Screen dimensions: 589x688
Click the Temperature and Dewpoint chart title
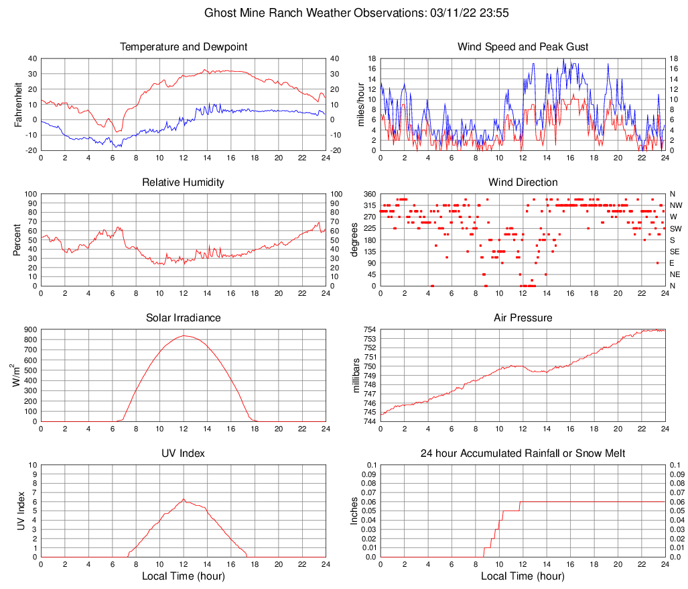[x=184, y=47]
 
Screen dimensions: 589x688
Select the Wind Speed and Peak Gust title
[x=523, y=47]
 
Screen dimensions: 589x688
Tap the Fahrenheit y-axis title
[x=18, y=105]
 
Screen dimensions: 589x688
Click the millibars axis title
[x=356, y=376]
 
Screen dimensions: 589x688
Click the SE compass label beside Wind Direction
[x=675, y=252]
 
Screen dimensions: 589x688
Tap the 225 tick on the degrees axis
[x=369, y=228]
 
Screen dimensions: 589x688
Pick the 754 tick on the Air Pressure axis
[x=369, y=330]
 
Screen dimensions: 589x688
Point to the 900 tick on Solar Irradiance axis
[x=29, y=330]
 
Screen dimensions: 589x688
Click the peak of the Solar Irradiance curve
[x=184, y=335]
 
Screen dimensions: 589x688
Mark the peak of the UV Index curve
[x=184, y=499]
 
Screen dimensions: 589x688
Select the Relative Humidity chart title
[x=184, y=182]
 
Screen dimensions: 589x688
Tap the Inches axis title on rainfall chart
[x=355, y=511]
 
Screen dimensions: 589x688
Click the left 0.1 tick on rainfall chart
[x=371, y=465]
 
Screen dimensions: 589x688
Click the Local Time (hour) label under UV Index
[x=184, y=576]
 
